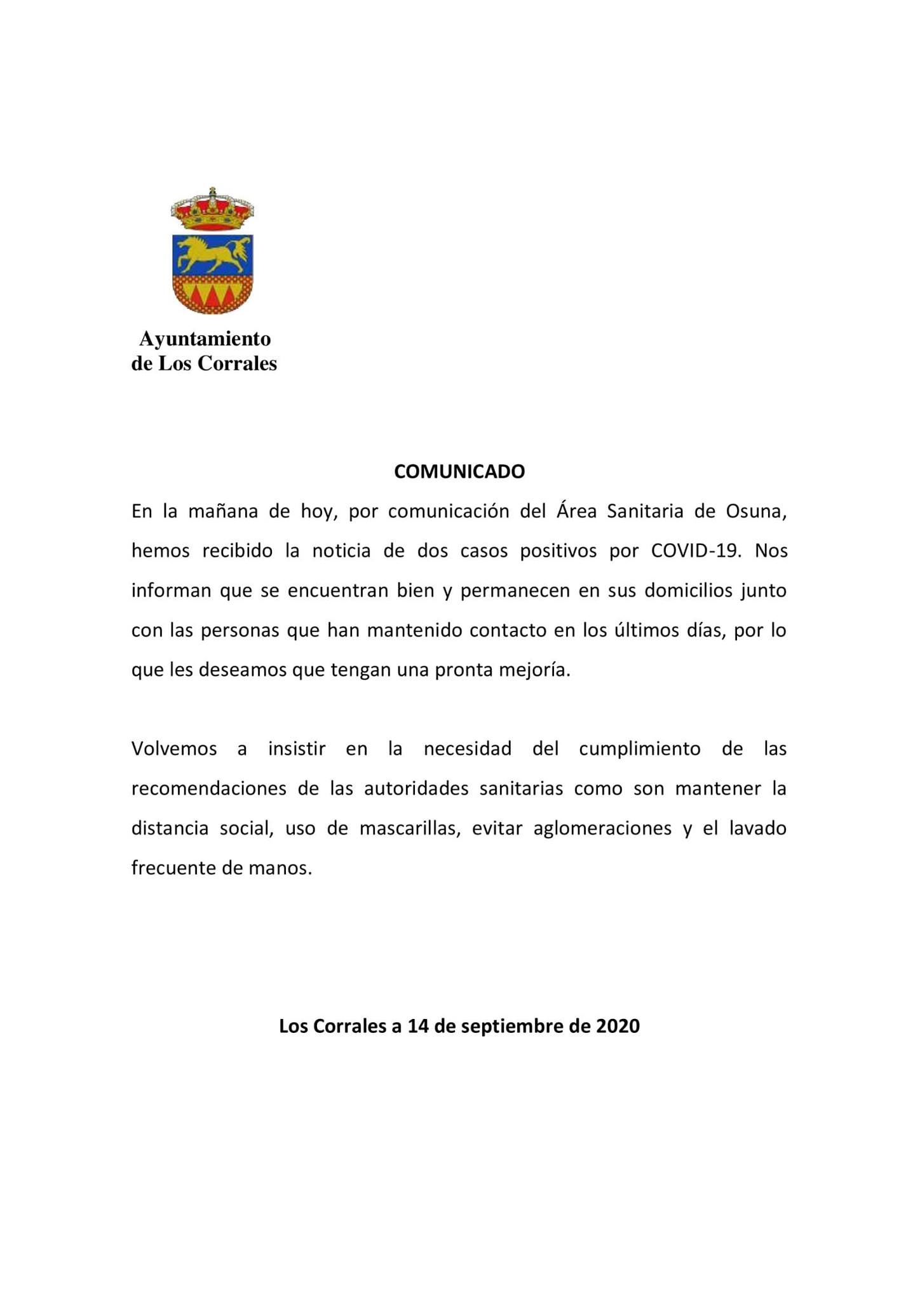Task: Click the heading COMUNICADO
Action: click(459, 471)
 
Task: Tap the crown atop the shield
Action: click(213, 210)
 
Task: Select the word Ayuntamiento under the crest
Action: click(205, 339)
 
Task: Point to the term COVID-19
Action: click(696, 551)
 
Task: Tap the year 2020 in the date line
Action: click(618, 1026)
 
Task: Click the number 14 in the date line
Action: click(417, 1026)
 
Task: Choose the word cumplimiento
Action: click(640, 749)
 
